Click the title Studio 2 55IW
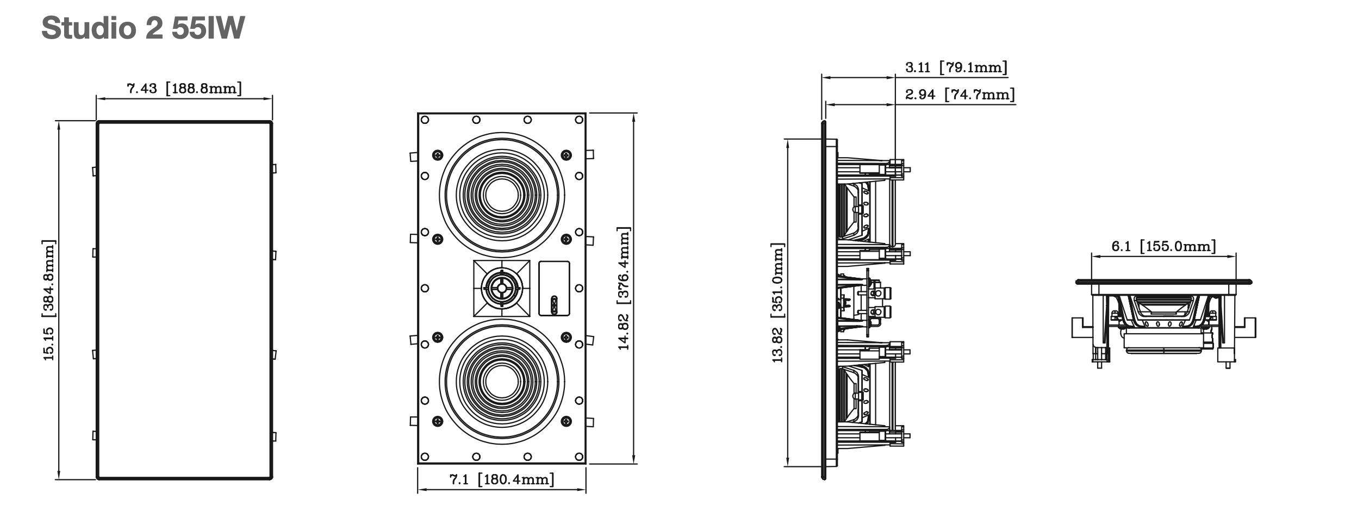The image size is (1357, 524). [x=143, y=28]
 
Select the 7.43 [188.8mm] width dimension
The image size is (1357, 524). [x=184, y=89]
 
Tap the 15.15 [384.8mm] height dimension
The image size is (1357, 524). [x=49, y=300]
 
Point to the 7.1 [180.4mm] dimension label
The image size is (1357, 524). [x=502, y=479]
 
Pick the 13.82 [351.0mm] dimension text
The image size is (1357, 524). [x=778, y=302]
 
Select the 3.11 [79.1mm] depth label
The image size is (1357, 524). [x=956, y=68]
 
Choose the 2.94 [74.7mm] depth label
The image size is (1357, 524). [x=960, y=95]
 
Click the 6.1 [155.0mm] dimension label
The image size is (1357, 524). [x=1163, y=246]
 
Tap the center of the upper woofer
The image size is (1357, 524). [x=502, y=196]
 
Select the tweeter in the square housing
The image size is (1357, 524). [x=501, y=288]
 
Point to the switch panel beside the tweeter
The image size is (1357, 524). [x=554, y=289]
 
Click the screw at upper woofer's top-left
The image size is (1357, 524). [x=437, y=154]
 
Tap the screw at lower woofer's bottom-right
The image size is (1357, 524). [x=566, y=421]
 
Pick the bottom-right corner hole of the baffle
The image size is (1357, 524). [x=578, y=457]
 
